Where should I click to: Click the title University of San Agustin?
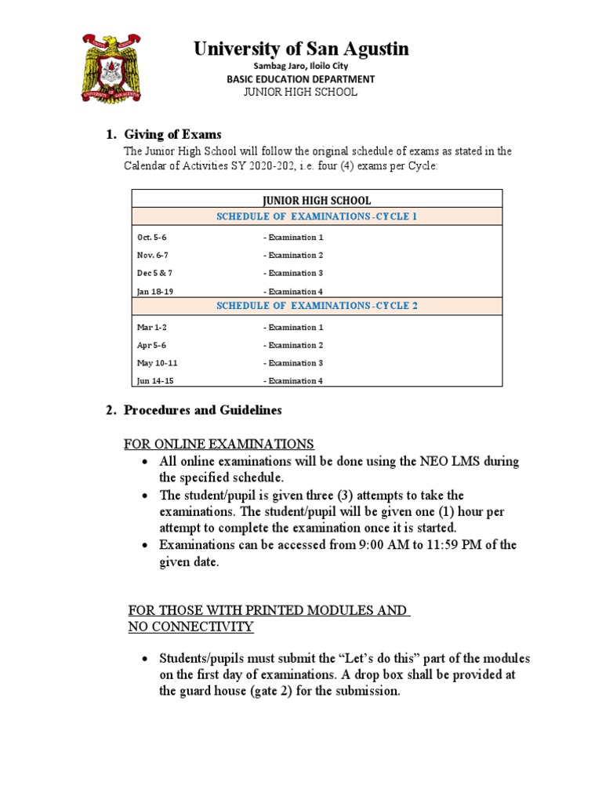tap(301, 49)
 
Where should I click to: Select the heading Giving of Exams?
tap(172, 135)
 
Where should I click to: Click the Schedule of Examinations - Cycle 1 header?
tap(317, 216)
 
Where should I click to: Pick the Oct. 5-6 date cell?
tap(152, 237)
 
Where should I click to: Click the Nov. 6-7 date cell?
tap(153, 255)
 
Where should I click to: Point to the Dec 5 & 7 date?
tap(154, 273)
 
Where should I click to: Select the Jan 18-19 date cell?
tap(154, 291)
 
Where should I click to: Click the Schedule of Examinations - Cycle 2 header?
tap(317, 306)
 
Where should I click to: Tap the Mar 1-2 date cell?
tap(152, 327)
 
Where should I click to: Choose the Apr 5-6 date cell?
tap(151, 345)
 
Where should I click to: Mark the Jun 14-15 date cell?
tap(154, 381)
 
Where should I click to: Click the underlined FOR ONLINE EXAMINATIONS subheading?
tap(219, 444)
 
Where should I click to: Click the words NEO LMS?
tap(448, 462)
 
